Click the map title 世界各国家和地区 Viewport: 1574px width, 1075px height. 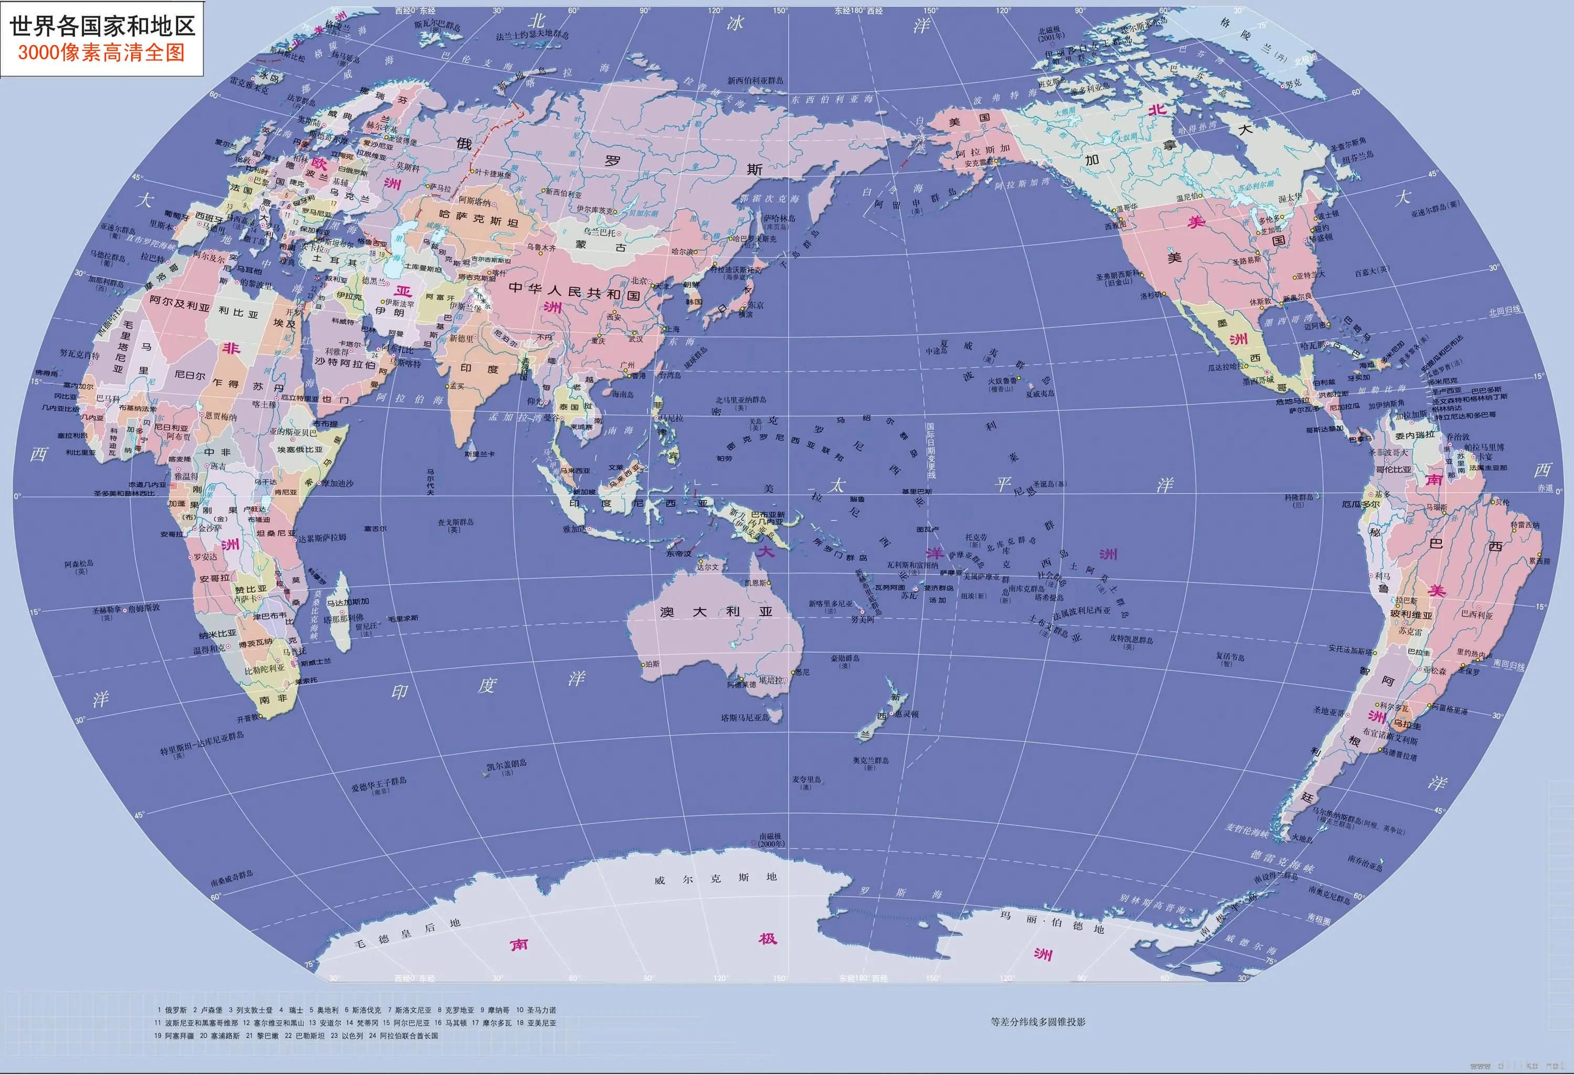click(102, 26)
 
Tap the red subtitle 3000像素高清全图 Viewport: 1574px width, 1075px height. click(102, 53)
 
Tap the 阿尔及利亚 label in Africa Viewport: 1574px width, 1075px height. click(179, 303)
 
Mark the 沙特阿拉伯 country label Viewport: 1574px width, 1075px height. click(345, 364)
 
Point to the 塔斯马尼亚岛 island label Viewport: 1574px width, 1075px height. click(745, 717)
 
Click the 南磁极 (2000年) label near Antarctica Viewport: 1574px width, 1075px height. click(771, 840)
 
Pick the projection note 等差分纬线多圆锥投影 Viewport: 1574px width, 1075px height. click(1038, 1021)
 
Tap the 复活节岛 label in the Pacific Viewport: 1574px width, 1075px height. click(1230, 656)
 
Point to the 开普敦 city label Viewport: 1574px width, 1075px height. click(248, 719)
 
